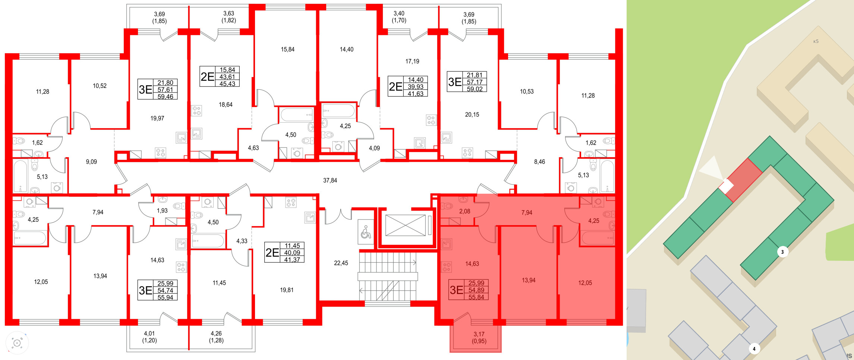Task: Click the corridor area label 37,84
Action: pyautogui.click(x=330, y=180)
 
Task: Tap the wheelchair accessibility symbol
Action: pyautogui.click(x=366, y=232)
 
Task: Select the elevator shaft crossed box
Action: pyautogui.click(x=405, y=225)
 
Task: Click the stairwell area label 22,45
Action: pyautogui.click(x=341, y=263)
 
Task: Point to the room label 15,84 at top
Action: pyautogui.click(x=287, y=49)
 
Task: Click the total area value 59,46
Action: pyautogui.click(x=165, y=97)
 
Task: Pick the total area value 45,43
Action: pyautogui.click(x=227, y=84)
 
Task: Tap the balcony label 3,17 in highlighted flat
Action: pyautogui.click(x=479, y=334)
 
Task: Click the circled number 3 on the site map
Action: pyautogui.click(x=782, y=252)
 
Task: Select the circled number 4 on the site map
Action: pyautogui.click(x=754, y=349)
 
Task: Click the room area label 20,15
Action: pyautogui.click(x=472, y=115)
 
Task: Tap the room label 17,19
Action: pyautogui.click(x=412, y=61)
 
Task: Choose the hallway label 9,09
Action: pyautogui.click(x=91, y=162)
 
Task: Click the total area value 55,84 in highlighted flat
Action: pyautogui.click(x=476, y=297)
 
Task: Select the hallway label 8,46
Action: pyautogui.click(x=539, y=162)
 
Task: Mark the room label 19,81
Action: pyautogui.click(x=287, y=290)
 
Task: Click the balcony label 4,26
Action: pyautogui.click(x=216, y=334)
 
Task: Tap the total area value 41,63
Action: pyautogui.click(x=415, y=94)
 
